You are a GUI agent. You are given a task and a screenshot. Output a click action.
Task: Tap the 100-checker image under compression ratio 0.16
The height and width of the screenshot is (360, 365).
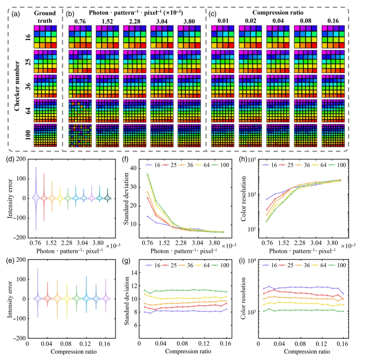[333, 135]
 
